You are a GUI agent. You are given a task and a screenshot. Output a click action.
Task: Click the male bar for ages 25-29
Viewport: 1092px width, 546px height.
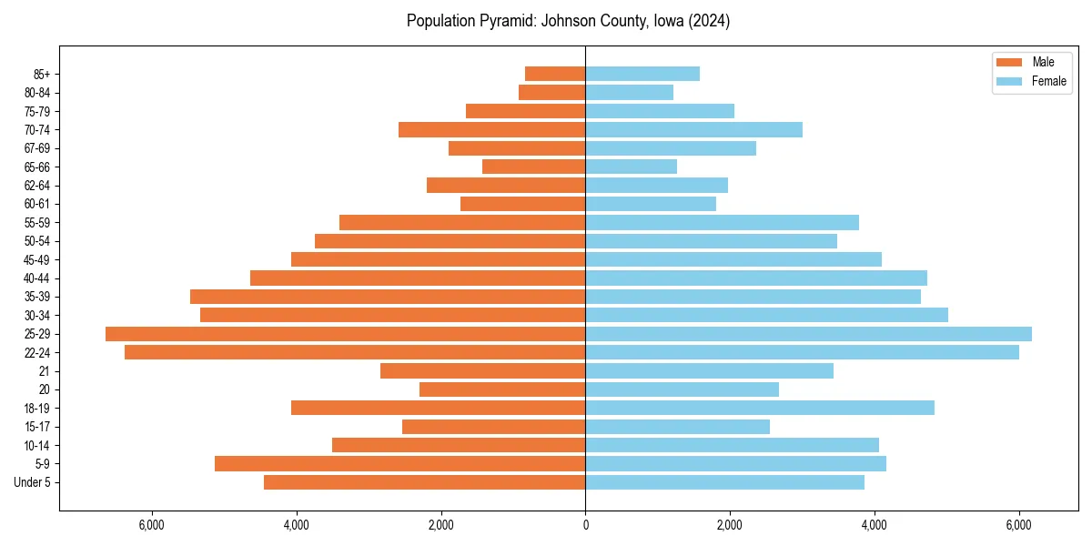click(x=346, y=334)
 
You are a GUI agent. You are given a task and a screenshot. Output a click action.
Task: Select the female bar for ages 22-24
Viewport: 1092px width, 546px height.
click(x=802, y=352)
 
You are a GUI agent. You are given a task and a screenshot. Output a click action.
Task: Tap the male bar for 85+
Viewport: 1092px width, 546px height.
click(x=555, y=74)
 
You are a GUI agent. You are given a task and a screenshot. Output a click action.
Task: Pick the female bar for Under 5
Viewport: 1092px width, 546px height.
click(x=724, y=482)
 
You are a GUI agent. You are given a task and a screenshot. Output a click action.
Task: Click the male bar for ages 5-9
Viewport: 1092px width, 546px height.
click(x=400, y=464)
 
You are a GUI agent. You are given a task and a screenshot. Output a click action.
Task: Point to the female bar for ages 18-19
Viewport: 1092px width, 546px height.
click(x=760, y=408)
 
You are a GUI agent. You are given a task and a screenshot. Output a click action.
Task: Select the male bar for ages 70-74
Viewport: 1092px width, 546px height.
click(x=491, y=130)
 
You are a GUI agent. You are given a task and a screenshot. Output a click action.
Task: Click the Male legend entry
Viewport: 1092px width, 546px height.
click(x=1043, y=62)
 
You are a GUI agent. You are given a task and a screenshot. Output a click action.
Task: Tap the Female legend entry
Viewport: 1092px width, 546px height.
click(x=1048, y=81)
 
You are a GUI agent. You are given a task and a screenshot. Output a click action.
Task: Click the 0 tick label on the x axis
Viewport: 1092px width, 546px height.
click(x=585, y=525)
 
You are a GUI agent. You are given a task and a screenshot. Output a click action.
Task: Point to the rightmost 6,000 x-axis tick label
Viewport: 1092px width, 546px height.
click(x=1019, y=525)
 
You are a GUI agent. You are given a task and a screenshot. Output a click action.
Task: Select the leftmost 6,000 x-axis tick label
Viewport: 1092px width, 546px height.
click(x=151, y=525)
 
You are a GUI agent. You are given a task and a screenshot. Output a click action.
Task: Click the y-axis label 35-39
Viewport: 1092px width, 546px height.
click(x=38, y=297)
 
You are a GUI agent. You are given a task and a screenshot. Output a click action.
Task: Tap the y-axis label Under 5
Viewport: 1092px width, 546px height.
click(x=33, y=482)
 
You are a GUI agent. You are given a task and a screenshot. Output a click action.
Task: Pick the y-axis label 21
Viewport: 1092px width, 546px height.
click(x=45, y=371)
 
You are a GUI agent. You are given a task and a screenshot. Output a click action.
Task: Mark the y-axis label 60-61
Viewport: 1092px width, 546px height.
click(x=38, y=204)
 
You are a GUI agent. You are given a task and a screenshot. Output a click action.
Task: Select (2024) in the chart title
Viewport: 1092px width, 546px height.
click(x=709, y=21)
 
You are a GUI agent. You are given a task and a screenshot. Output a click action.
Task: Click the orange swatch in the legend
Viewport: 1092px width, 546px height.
click(x=1010, y=62)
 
